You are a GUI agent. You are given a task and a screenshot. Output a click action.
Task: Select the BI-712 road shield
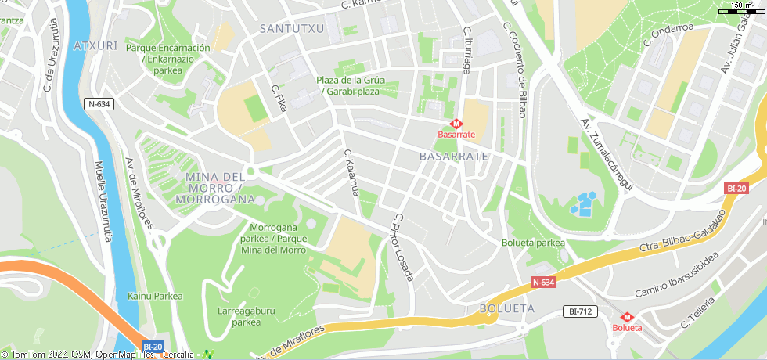coord(580,311)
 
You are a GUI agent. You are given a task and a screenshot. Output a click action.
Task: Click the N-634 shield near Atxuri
coord(99,103)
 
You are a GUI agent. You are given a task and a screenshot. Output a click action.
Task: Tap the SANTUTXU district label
coord(291,28)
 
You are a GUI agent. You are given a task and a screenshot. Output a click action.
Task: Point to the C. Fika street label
coord(279,99)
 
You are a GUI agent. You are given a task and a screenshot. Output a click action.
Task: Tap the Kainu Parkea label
coord(155,296)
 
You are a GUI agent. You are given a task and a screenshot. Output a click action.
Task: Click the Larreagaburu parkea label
coord(246,315)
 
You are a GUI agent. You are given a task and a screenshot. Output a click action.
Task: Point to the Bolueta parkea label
coord(533,243)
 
